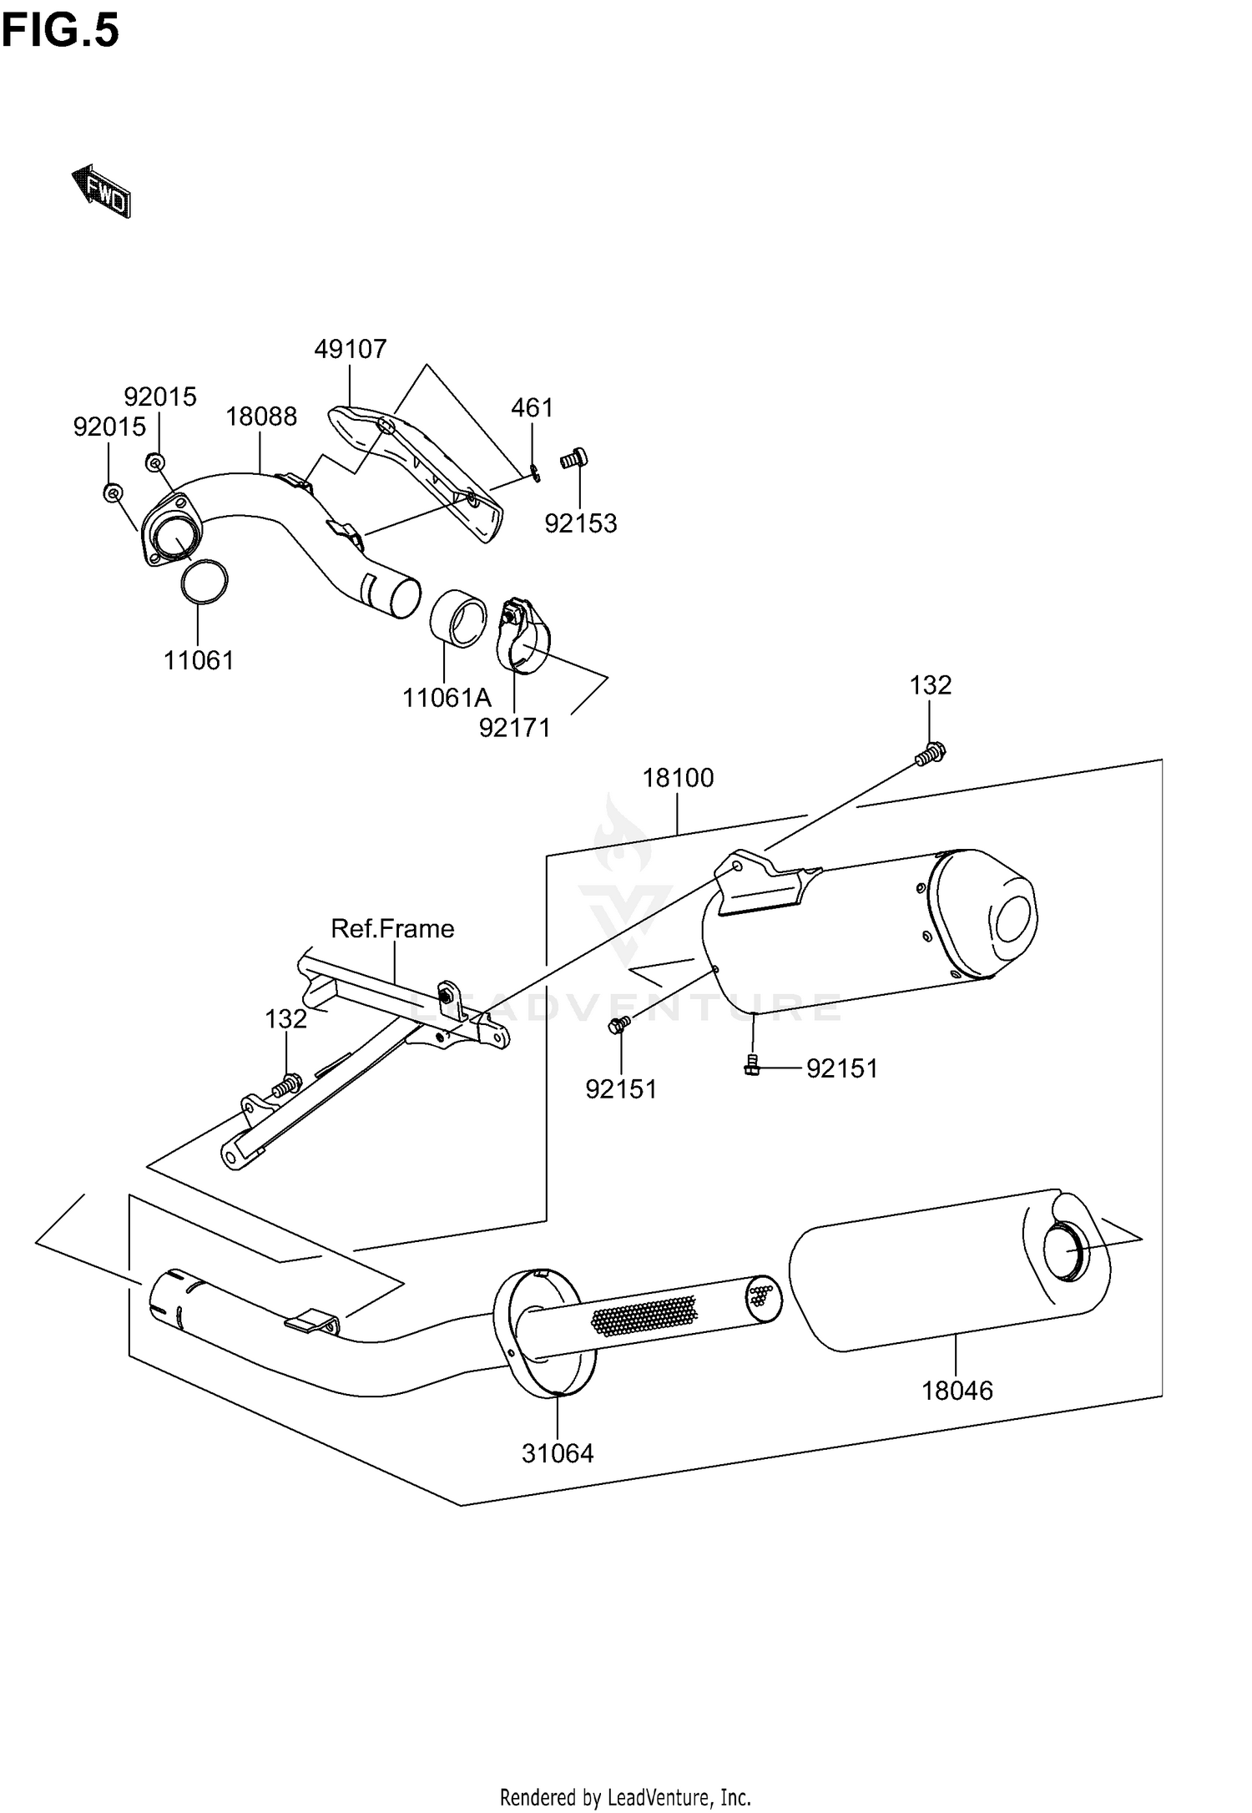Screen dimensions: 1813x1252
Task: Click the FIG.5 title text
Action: click(x=60, y=31)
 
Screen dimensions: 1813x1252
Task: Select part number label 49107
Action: click(x=351, y=349)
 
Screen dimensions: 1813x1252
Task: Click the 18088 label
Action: click(x=261, y=417)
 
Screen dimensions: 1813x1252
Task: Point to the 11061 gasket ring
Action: click(x=204, y=581)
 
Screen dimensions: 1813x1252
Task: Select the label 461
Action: click(x=532, y=407)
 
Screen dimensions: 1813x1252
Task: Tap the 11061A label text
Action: click(x=447, y=697)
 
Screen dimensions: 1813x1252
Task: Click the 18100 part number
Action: click(x=678, y=778)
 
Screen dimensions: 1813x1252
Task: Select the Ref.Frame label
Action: click(x=392, y=928)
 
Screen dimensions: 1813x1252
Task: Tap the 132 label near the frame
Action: click(x=286, y=1019)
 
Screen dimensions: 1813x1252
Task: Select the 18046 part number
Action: click(x=957, y=1391)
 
